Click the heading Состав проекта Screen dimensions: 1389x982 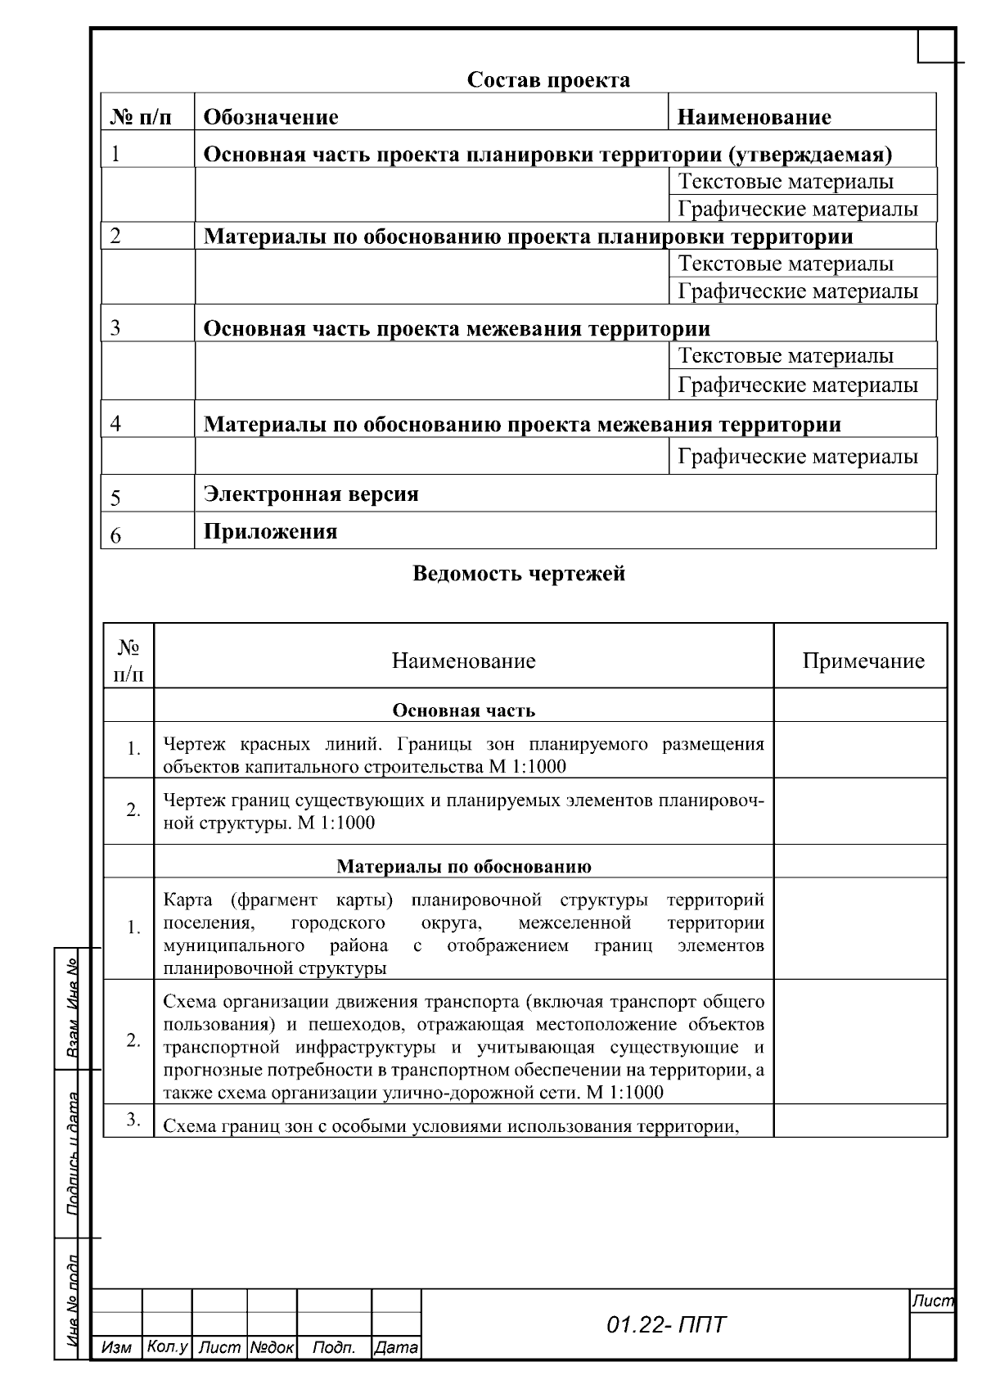pos(548,80)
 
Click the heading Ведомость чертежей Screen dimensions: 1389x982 pos(519,573)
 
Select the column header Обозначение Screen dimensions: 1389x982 pos(270,117)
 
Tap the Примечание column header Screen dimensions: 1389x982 pos(863,661)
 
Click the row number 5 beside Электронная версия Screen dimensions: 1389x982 pos(115,498)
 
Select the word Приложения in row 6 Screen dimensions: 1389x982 pos(270,532)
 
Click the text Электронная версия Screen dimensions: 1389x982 pos(311,494)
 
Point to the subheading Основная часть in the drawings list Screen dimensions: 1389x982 pos(463,710)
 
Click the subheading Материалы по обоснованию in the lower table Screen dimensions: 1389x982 pos(463,866)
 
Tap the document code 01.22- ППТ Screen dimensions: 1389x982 pos(665,1325)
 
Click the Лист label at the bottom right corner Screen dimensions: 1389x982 pos(932,1301)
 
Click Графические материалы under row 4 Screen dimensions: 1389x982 pos(798,457)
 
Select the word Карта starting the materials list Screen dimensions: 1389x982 pos(187,900)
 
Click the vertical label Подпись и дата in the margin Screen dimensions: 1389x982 pos(72,1154)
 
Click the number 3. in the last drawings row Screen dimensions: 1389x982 pos(133,1120)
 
